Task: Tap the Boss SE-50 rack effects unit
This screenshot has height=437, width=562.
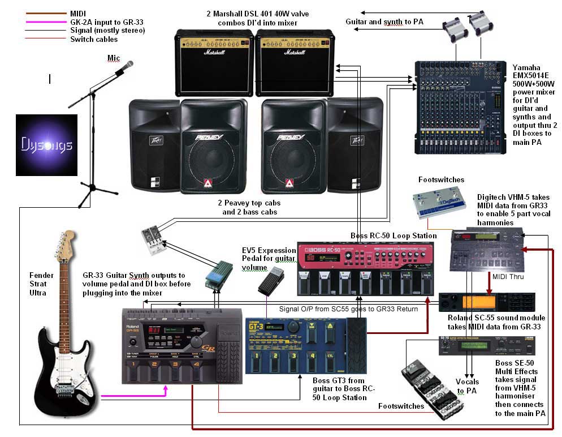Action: point(487,345)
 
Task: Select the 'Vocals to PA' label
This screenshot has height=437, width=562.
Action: point(467,386)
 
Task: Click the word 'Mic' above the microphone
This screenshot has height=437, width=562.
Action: point(114,58)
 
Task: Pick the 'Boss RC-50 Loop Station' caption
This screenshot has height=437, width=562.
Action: point(392,235)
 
